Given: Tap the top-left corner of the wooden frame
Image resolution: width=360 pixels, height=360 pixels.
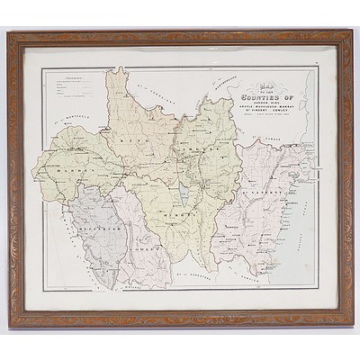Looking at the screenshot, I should (8, 32).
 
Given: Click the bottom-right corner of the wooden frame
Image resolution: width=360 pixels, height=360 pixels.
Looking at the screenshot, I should (352, 326).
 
